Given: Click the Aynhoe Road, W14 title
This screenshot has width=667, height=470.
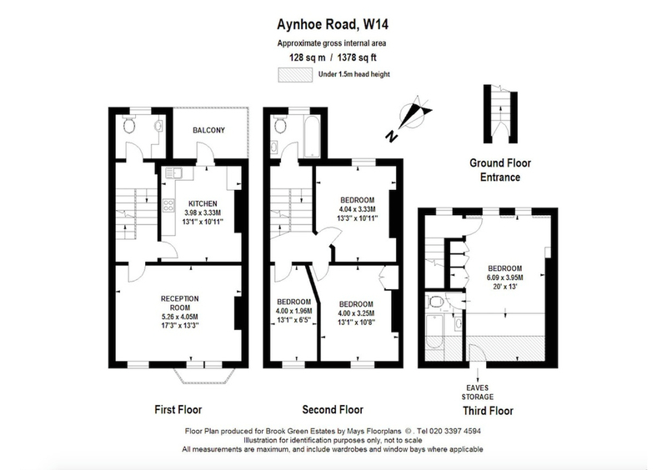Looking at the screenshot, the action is coord(333,25).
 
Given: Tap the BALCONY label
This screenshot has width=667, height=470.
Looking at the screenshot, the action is coord(209,130).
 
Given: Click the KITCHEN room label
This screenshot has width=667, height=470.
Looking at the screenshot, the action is coord(203,203).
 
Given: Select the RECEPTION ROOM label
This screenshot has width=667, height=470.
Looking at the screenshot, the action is coord(179,303).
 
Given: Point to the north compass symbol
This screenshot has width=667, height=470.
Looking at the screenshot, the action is coord(410,117).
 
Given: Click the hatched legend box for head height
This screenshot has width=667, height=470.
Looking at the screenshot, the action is coord(295,74).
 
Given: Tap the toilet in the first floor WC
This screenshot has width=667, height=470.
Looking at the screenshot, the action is coord(128,124).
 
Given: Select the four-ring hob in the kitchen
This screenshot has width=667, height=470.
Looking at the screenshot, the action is coord(168,206).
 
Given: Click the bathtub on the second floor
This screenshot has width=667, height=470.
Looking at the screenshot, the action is coord(312,136).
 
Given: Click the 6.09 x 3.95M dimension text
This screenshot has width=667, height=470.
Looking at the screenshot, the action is coord(505,277).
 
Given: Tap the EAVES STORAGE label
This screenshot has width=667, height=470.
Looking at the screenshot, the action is coord(477,392).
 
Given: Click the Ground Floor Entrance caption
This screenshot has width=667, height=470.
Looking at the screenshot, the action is coord(500,170).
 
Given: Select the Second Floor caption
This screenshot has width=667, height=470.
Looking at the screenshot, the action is coord(333,410).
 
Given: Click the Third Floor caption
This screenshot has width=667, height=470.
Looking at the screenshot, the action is coord(488,411).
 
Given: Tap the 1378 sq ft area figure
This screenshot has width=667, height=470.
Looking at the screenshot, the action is coord(357,57).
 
